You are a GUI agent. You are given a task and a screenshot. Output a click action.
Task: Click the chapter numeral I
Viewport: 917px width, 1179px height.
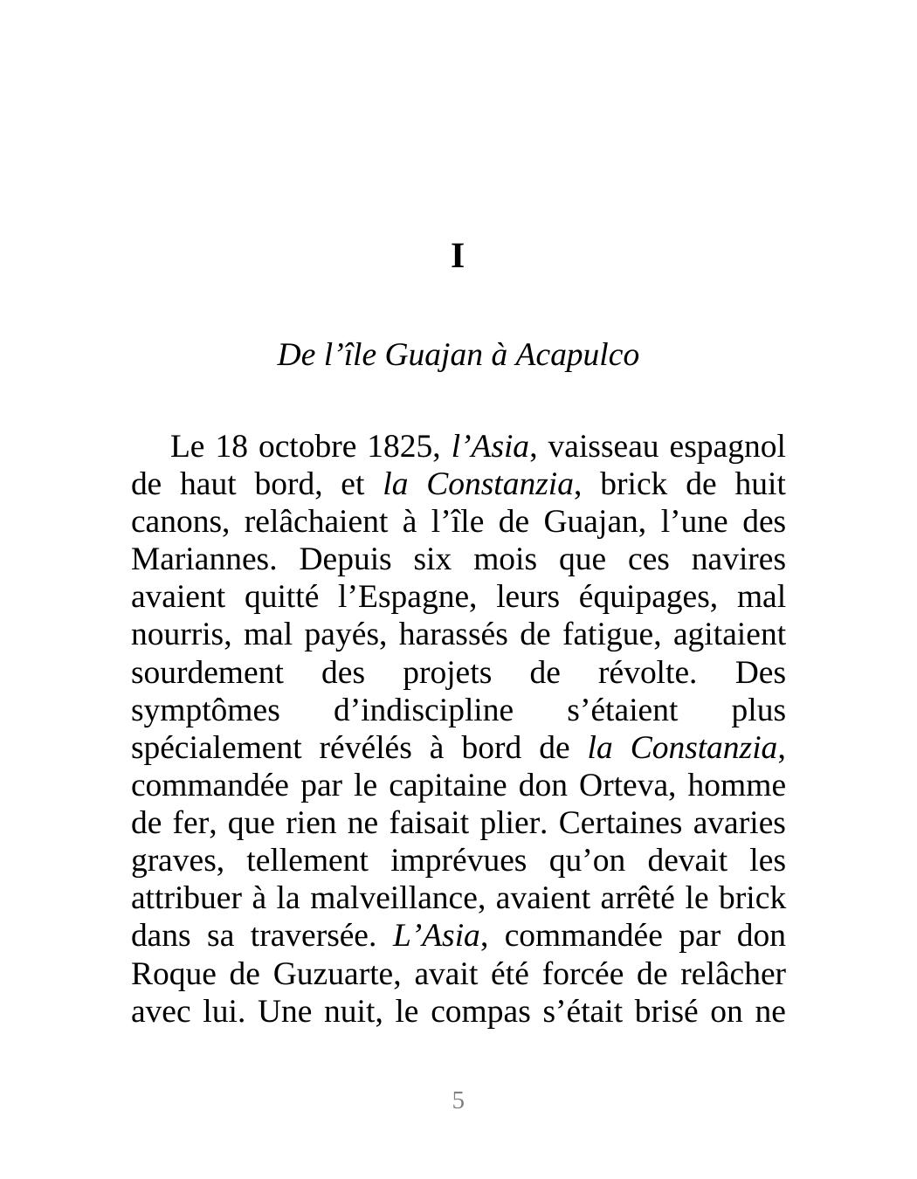458,257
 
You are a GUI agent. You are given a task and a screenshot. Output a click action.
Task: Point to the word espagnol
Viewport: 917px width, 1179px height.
727,447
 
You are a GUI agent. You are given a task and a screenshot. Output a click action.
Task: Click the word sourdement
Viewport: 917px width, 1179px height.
207,673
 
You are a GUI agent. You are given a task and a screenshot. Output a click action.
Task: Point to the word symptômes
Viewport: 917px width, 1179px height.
205,711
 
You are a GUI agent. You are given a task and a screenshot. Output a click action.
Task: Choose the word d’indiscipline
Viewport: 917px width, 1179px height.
424,711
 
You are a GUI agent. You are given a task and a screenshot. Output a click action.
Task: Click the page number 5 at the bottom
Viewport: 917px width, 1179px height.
458,1100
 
